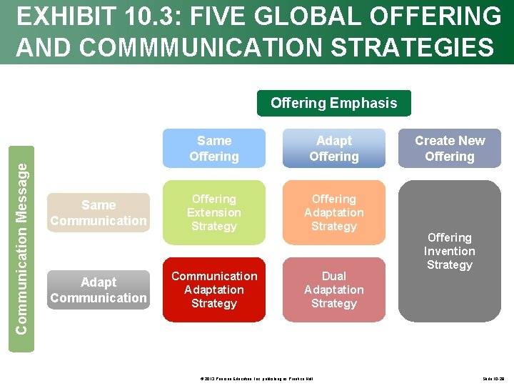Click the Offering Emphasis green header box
[333, 103]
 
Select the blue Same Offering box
[214, 149]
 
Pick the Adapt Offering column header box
[333, 149]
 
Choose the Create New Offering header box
[450, 149]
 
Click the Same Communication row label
[99, 213]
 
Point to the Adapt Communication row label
[99, 290]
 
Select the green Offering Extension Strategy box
[214, 213]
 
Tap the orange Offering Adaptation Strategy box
[333, 213]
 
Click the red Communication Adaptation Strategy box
[214, 289]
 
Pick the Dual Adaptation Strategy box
[333, 289]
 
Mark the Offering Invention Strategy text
[450, 251]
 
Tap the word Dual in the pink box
[333, 276]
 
